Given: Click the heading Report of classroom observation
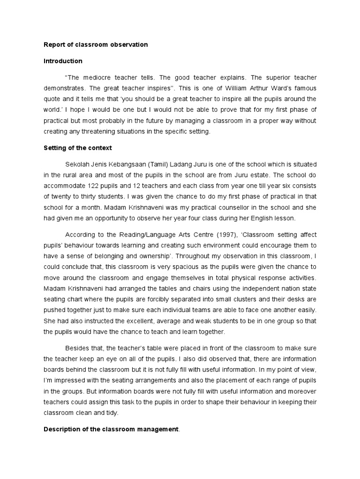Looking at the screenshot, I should [x=96, y=45].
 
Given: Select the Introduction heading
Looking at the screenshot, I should [x=63, y=61].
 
